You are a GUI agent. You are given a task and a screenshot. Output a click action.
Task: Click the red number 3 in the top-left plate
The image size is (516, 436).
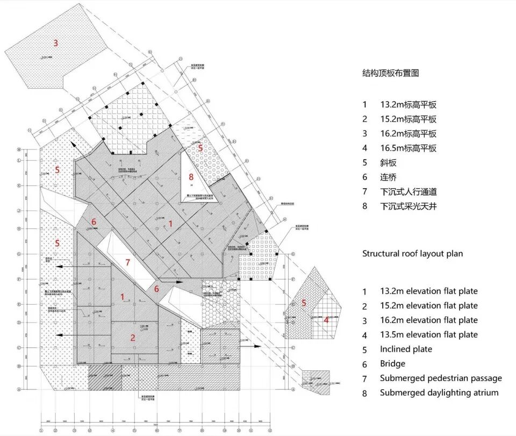pyautogui.click(x=55, y=42)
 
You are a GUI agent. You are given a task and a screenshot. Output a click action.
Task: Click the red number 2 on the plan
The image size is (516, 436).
pyautogui.click(x=132, y=338)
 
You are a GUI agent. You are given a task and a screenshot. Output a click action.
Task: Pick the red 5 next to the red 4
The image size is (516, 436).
pyautogui.click(x=304, y=303)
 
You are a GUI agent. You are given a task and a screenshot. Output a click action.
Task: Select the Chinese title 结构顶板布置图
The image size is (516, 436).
pyautogui.click(x=390, y=74)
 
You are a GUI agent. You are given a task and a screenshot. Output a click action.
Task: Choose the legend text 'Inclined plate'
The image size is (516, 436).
pyautogui.click(x=406, y=349)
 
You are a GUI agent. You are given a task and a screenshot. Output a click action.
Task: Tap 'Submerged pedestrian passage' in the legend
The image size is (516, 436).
pyautogui.click(x=441, y=378)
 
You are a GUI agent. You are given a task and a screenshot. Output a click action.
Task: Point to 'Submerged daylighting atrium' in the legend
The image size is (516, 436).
pyautogui.click(x=439, y=392)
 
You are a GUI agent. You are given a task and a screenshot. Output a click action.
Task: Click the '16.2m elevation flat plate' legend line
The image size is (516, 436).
pyautogui.click(x=428, y=320)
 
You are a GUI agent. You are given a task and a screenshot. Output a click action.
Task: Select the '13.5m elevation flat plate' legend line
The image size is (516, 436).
pyautogui.click(x=428, y=334)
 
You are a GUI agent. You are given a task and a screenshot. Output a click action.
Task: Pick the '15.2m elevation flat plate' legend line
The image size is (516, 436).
pyautogui.click(x=428, y=305)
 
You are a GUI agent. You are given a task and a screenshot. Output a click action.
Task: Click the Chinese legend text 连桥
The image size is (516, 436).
pyautogui.click(x=389, y=177)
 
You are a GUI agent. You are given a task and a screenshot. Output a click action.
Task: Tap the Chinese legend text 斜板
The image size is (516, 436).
pyautogui.click(x=389, y=162)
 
